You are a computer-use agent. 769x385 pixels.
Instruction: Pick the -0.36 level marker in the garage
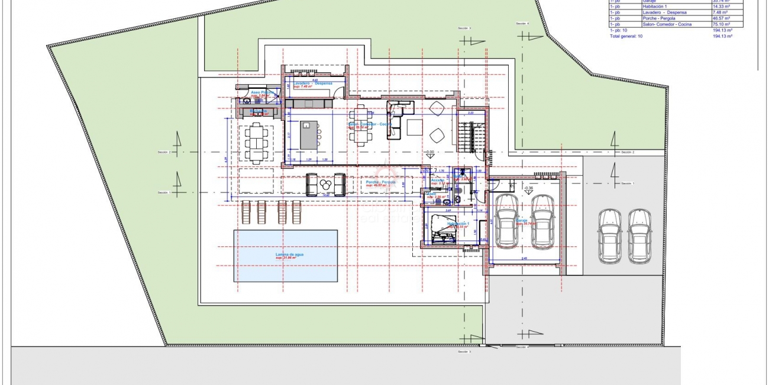click(529, 189)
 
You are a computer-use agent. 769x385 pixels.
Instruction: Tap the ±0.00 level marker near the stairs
click(429, 152)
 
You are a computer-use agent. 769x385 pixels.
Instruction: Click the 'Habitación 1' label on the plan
click(458, 224)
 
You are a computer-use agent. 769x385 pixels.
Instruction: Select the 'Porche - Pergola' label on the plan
click(381, 182)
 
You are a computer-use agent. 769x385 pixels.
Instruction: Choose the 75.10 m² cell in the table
click(722, 24)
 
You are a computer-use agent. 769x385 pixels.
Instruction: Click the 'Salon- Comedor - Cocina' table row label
click(667, 24)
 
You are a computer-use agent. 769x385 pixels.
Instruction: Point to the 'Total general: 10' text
click(626, 36)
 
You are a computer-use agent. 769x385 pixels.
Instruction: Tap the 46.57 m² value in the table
click(722, 18)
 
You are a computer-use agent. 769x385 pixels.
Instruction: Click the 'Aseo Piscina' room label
click(262, 93)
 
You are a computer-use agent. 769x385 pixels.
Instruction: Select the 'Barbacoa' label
click(259, 111)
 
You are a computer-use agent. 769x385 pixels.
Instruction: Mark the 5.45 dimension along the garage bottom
click(525, 259)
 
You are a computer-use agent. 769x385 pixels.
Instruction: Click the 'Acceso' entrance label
click(437, 180)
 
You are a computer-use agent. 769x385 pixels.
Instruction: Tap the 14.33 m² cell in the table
click(722, 6)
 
